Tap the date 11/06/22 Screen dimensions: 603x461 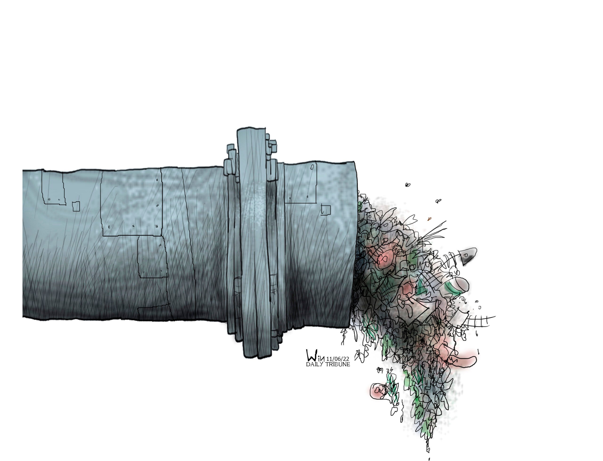pos(338,359)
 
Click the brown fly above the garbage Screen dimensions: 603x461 pos(429,219)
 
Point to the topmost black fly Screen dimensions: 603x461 pos(408,185)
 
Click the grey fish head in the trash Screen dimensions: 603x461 pos(468,255)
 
